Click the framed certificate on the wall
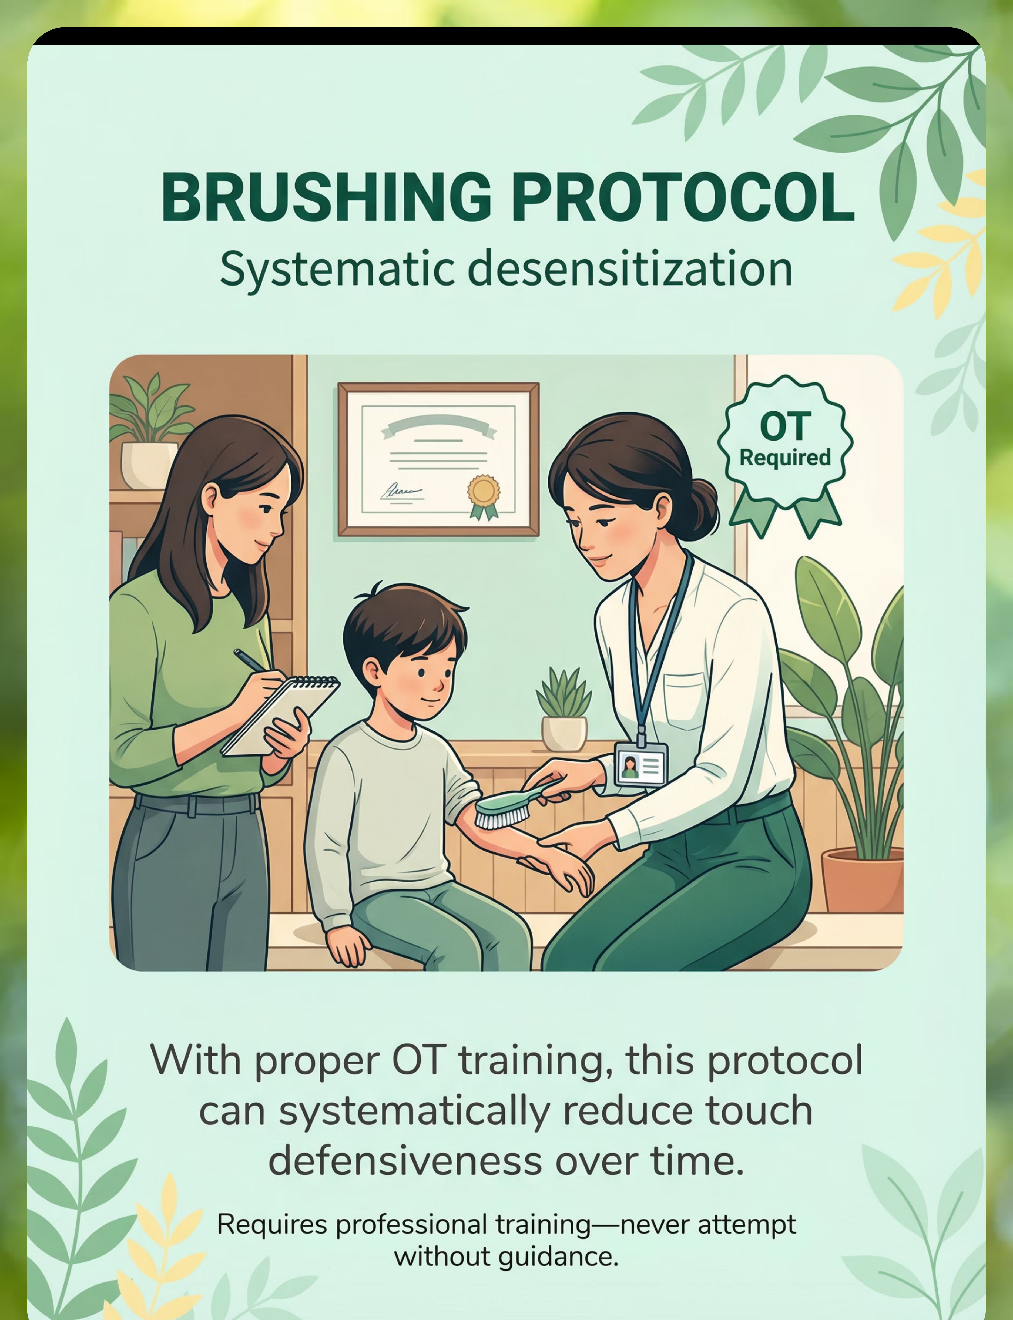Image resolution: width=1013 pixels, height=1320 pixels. coord(438,459)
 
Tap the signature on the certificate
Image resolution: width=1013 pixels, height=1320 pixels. coord(401,491)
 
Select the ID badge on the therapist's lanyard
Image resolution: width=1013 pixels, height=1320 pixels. coord(640,764)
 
